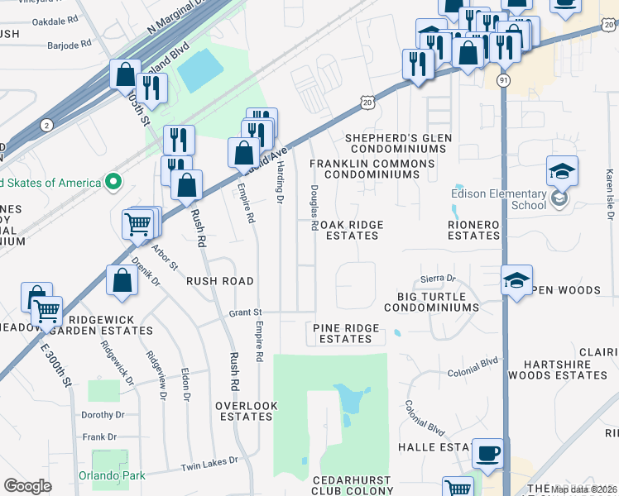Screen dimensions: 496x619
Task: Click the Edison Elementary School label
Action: tap(499, 200)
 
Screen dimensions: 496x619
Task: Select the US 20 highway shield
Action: tap(368, 101)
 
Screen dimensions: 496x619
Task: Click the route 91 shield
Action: tap(503, 79)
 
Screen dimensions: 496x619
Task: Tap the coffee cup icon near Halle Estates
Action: tap(487, 453)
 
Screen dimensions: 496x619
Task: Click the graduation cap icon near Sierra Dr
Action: tap(516, 279)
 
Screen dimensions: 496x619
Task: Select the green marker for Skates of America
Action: tap(115, 182)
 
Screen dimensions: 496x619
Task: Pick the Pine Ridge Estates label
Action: tap(346, 333)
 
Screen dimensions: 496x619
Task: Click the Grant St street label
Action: tap(245, 312)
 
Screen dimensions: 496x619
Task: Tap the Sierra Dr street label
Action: tap(439, 279)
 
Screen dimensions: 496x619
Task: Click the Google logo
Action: tap(27, 485)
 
